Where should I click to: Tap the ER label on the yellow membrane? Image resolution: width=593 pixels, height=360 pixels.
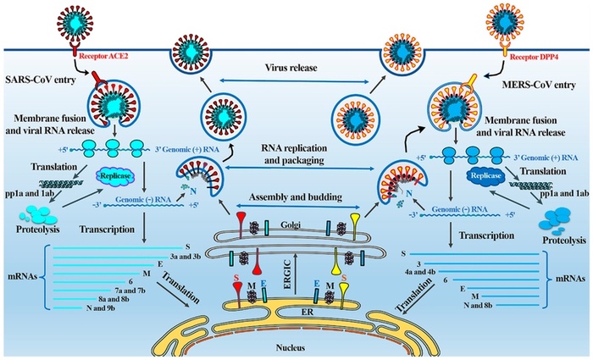tap(295, 310)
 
